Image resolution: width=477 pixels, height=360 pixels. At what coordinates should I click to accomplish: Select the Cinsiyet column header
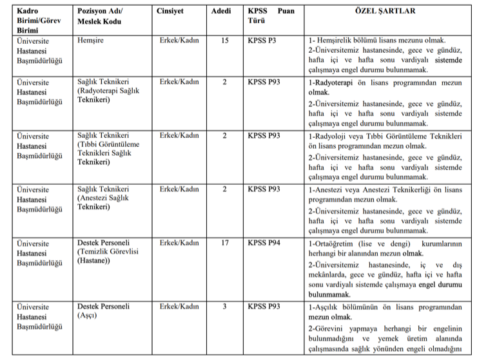[x=171, y=12]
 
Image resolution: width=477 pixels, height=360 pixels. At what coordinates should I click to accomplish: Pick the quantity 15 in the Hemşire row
[x=224, y=41]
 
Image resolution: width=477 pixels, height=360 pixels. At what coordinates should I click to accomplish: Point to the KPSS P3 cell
[x=262, y=41]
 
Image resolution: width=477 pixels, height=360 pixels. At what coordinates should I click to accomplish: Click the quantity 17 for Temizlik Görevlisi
[x=224, y=243]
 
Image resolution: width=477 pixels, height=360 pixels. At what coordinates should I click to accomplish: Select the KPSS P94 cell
[x=264, y=243]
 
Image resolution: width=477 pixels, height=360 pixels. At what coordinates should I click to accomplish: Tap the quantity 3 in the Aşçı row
[x=224, y=306]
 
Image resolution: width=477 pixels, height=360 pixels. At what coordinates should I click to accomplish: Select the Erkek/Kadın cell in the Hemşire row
[x=179, y=41]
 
